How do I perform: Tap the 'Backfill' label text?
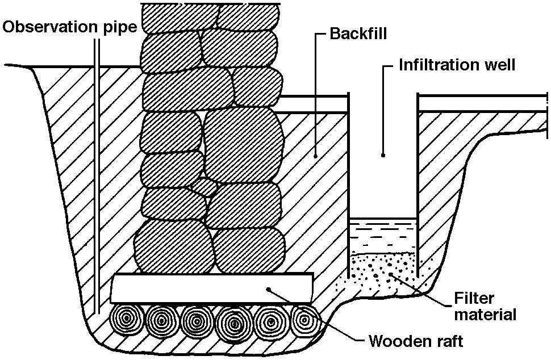[x=358, y=34]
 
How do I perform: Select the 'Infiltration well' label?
[x=457, y=64]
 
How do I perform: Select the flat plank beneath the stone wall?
[x=212, y=289]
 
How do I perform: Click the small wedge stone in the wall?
[x=204, y=186]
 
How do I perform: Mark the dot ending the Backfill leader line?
[x=315, y=154]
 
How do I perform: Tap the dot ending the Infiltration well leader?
[x=383, y=154]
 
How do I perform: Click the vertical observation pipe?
[x=98, y=170]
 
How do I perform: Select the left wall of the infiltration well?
[x=348, y=182]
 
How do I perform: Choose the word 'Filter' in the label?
[x=474, y=299]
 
